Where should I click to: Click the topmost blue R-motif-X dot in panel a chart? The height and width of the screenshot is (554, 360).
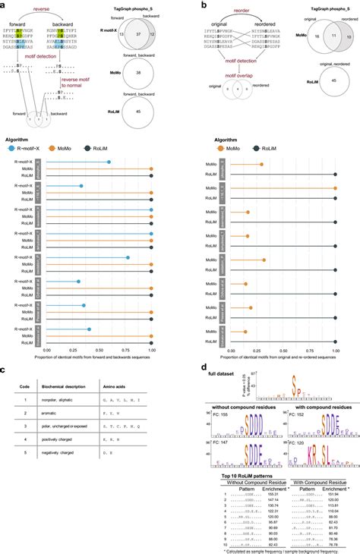[x=109, y=162]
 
